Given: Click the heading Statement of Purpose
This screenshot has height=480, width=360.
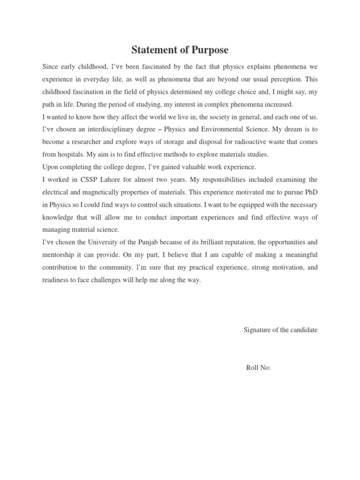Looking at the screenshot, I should pos(180,50).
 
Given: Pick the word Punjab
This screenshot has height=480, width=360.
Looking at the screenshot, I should pos(149,242).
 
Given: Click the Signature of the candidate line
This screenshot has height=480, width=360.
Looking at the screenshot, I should pos(280,330).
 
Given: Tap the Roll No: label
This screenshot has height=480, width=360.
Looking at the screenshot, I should pos(258,368).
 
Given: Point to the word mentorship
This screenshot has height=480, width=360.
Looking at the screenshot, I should pos(59,255).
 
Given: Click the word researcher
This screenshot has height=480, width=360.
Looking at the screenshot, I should pos(87,142).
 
